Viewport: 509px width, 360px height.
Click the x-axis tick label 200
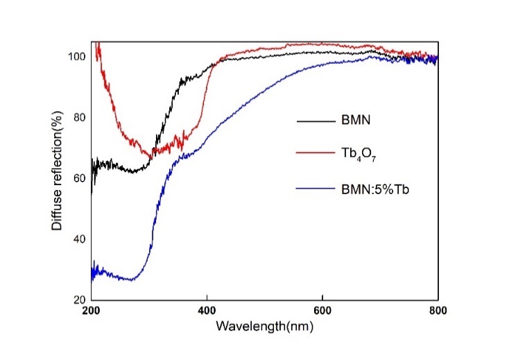(x=91, y=309)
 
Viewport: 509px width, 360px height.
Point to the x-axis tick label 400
(x=207, y=309)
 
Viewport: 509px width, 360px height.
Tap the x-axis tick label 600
(x=322, y=309)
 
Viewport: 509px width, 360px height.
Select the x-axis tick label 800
(x=438, y=309)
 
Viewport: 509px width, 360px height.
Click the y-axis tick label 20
(x=80, y=300)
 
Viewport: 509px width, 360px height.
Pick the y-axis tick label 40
(x=80, y=239)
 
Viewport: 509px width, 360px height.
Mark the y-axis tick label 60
(x=80, y=178)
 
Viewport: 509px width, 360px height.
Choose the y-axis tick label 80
(x=80, y=117)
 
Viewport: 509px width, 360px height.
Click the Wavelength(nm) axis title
(x=264, y=324)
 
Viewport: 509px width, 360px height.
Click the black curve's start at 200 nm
(x=92, y=192)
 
